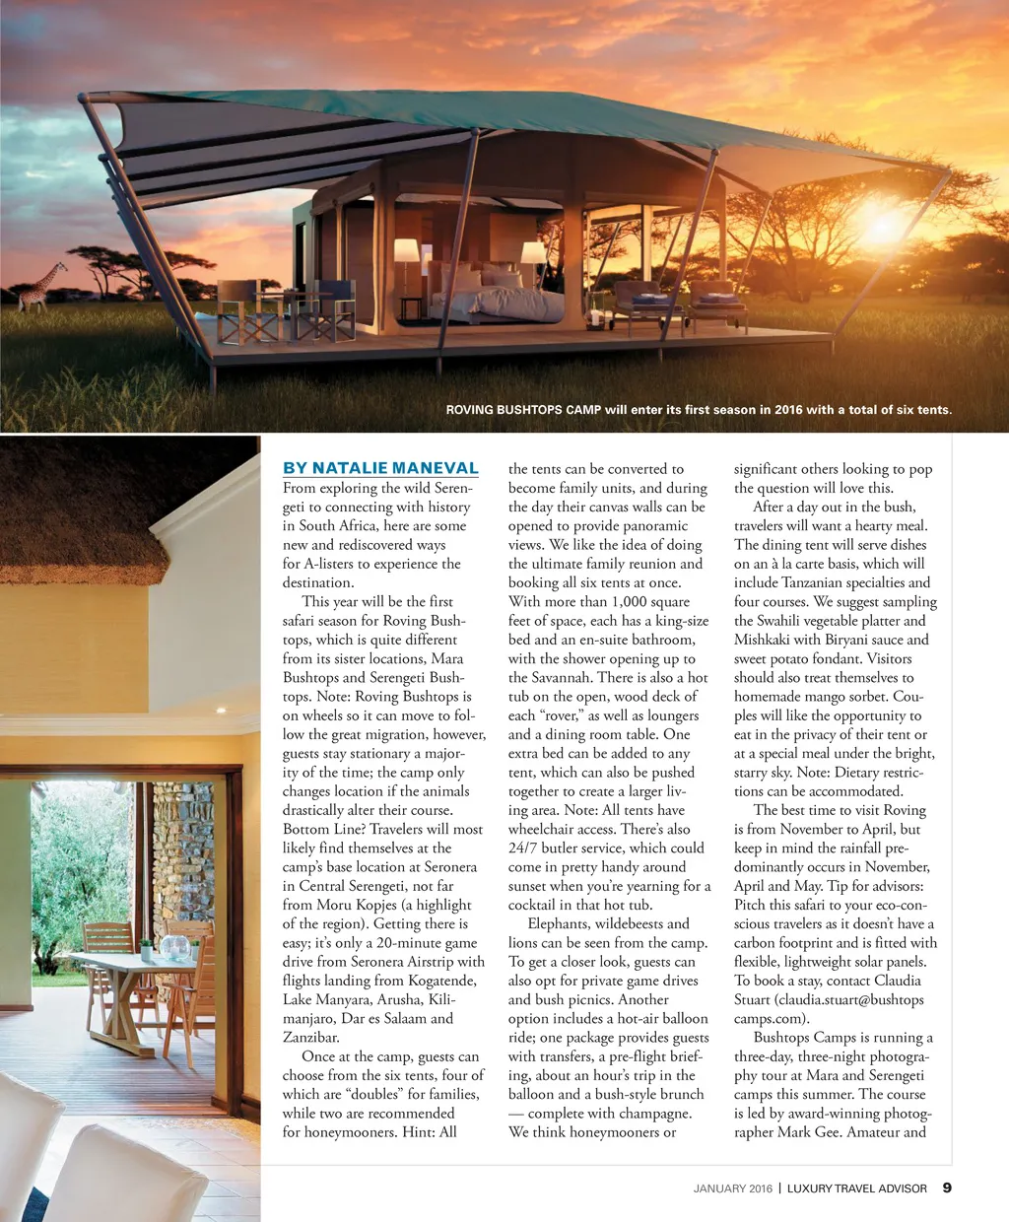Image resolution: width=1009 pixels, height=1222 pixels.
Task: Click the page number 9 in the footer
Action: tap(947, 1188)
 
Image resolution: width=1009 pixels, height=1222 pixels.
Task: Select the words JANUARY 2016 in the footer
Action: tap(733, 1188)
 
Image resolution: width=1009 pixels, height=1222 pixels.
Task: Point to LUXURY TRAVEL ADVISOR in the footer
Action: tap(856, 1188)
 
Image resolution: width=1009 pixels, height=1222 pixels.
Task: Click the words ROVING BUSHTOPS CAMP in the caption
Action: tap(523, 410)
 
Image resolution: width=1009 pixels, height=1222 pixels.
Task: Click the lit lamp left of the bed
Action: tap(407, 252)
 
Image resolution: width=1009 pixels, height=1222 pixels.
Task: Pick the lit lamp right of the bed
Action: tap(533, 253)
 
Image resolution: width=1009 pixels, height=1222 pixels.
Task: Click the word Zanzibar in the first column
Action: tap(310, 1038)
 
